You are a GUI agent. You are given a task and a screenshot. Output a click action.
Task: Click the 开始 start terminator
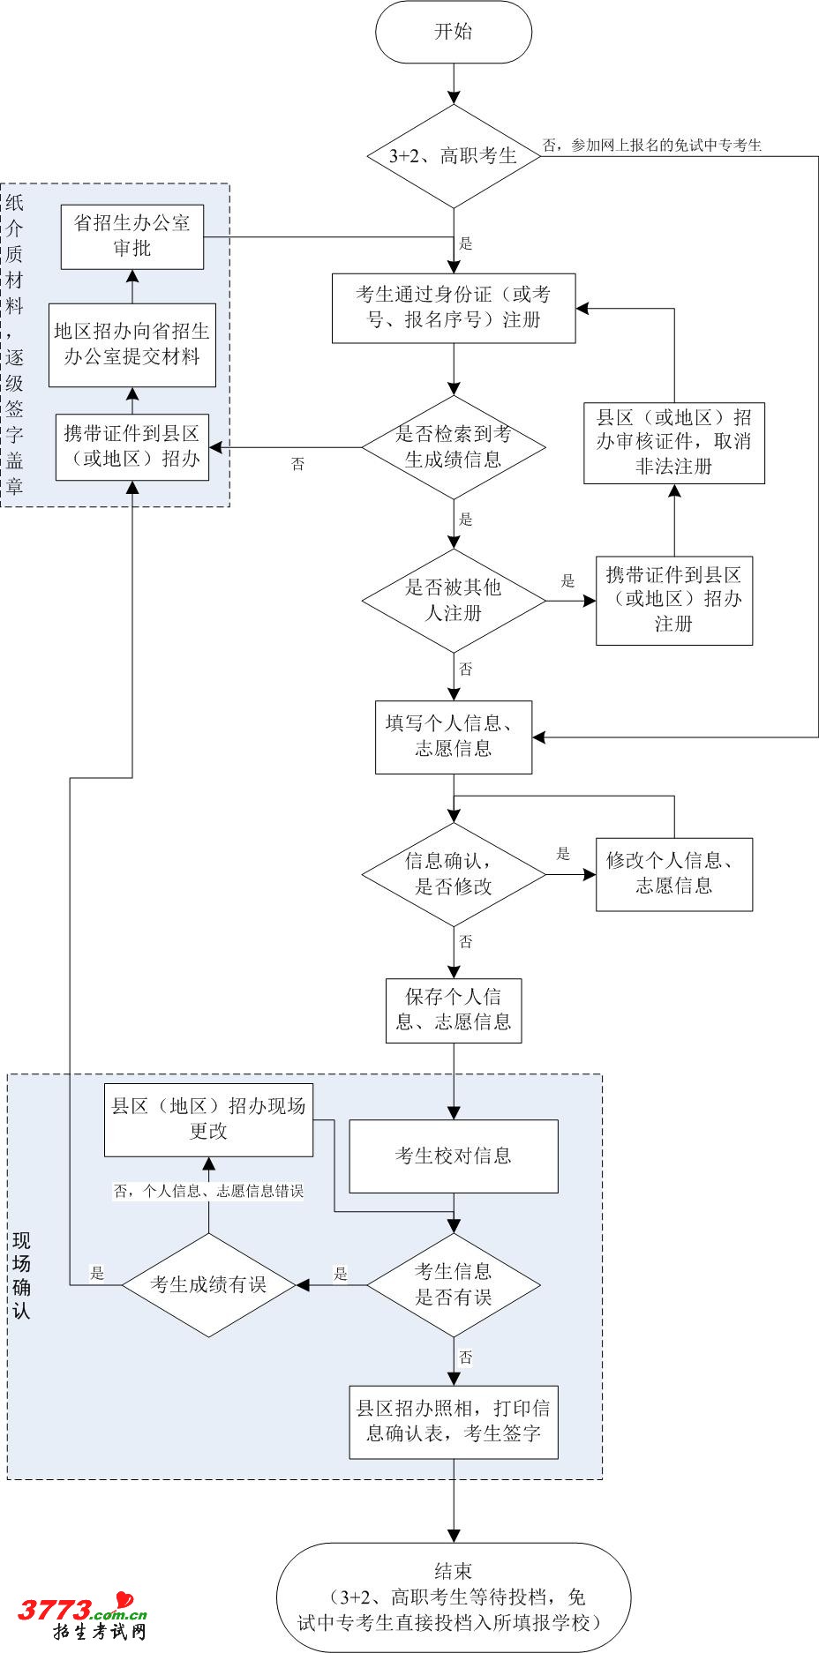click(x=454, y=33)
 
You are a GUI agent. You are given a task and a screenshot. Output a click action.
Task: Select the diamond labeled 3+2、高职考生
click(x=454, y=156)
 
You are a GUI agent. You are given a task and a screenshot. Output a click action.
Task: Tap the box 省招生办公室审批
click(x=132, y=236)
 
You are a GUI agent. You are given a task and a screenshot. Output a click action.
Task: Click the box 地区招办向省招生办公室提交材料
click(x=132, y=344)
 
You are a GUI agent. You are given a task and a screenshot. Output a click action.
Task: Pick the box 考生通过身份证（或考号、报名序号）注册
click(x=454, y=308)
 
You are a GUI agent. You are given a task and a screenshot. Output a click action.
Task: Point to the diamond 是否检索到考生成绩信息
click(x=454, y=447)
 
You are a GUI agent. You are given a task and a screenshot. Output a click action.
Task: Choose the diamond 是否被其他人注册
click(x=454, y=601)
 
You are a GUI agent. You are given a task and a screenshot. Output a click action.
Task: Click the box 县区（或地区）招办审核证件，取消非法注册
click(x=674, y=443)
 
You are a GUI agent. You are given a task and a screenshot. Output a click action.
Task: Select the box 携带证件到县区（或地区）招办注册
click(x=674, y=601)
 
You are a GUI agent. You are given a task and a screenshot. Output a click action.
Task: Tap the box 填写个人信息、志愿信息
click(x=454, y=737)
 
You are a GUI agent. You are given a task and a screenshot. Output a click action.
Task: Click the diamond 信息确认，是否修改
click(x=454, y=874)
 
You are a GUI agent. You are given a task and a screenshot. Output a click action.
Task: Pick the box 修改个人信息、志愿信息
click(x=674, y=874)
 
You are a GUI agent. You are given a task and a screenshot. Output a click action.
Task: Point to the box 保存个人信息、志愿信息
click(x=454, y=1011)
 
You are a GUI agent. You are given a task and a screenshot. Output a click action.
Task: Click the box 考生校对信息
click(x=454, y=1156)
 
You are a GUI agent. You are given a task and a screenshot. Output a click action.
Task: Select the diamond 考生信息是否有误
click(x=454, y=1284)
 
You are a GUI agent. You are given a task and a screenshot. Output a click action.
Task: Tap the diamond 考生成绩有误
click(x=208, y=1284)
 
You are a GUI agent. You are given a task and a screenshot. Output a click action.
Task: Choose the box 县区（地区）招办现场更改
click(x=208, y=1119)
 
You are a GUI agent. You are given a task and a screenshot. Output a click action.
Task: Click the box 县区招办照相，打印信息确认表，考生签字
click(x=454, y=1422)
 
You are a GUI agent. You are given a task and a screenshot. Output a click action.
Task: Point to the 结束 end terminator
click(x=454, y=1597)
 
